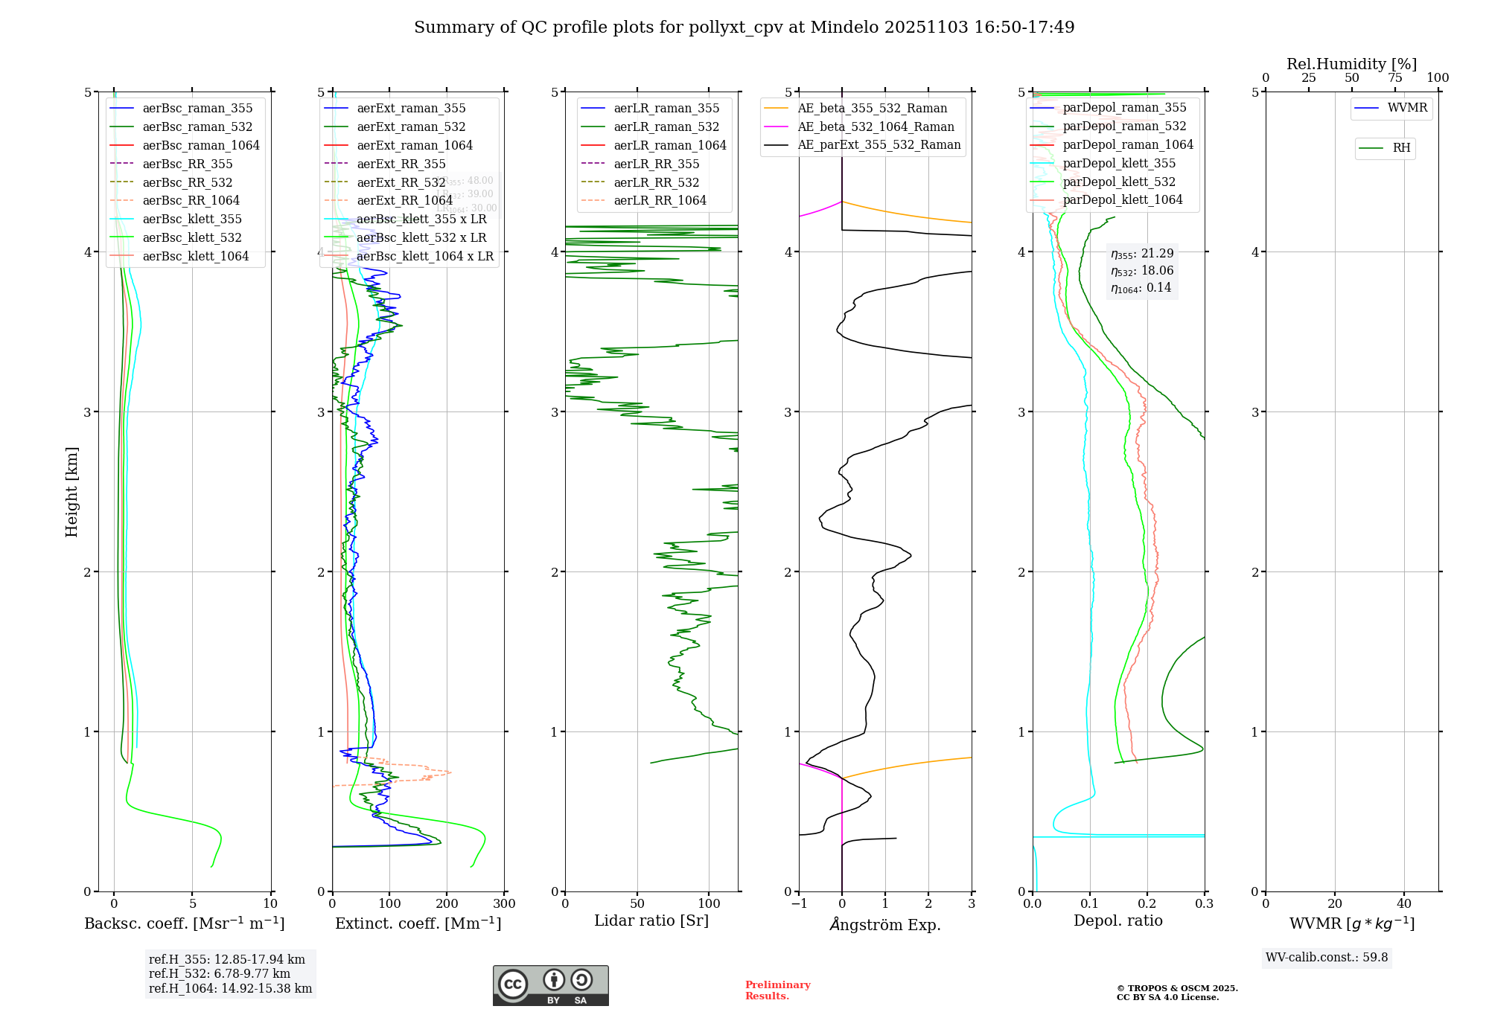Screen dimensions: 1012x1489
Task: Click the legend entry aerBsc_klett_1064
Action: point(195,256)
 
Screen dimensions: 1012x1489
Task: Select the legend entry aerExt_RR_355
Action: point(401,164)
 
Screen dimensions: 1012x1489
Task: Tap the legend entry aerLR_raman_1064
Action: point(669,145)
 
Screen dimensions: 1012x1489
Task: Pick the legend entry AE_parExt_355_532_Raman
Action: point(879,144)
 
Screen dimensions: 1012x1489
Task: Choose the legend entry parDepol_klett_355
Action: point(1119,163)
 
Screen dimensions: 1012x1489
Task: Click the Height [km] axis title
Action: point(71,492)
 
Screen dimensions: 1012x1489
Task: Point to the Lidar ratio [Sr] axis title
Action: point(651,920)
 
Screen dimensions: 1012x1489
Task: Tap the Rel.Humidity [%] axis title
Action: point(1351,64)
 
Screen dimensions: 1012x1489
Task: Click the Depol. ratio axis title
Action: point(1117,920)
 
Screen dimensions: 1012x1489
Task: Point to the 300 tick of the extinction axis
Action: point(505,904)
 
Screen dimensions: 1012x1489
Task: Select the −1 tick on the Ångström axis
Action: point(799,904)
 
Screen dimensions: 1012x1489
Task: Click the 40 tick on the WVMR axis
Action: point(1404,904)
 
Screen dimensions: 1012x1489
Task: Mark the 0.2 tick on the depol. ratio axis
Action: point(1147,904)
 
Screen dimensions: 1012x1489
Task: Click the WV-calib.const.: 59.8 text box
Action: point(1327,958)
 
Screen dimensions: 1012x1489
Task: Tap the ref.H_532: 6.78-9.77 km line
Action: point(220,974)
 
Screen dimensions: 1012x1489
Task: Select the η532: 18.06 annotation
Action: point(1142,271)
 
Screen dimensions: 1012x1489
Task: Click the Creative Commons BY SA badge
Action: point(550,986)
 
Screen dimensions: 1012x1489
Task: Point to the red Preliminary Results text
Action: point(777,990)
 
